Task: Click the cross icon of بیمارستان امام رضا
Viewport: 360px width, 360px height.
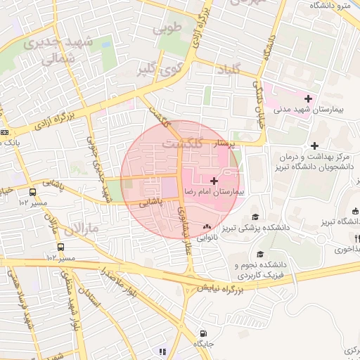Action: [214, 181]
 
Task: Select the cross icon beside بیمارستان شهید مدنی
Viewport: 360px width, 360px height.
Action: [307, 98]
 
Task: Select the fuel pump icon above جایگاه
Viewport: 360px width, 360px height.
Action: [204, 333]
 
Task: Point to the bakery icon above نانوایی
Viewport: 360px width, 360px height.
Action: [207, 227]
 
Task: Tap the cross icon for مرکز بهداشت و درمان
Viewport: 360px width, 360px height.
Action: [315, 145]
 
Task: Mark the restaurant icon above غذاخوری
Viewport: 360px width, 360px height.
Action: [357, 238]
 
